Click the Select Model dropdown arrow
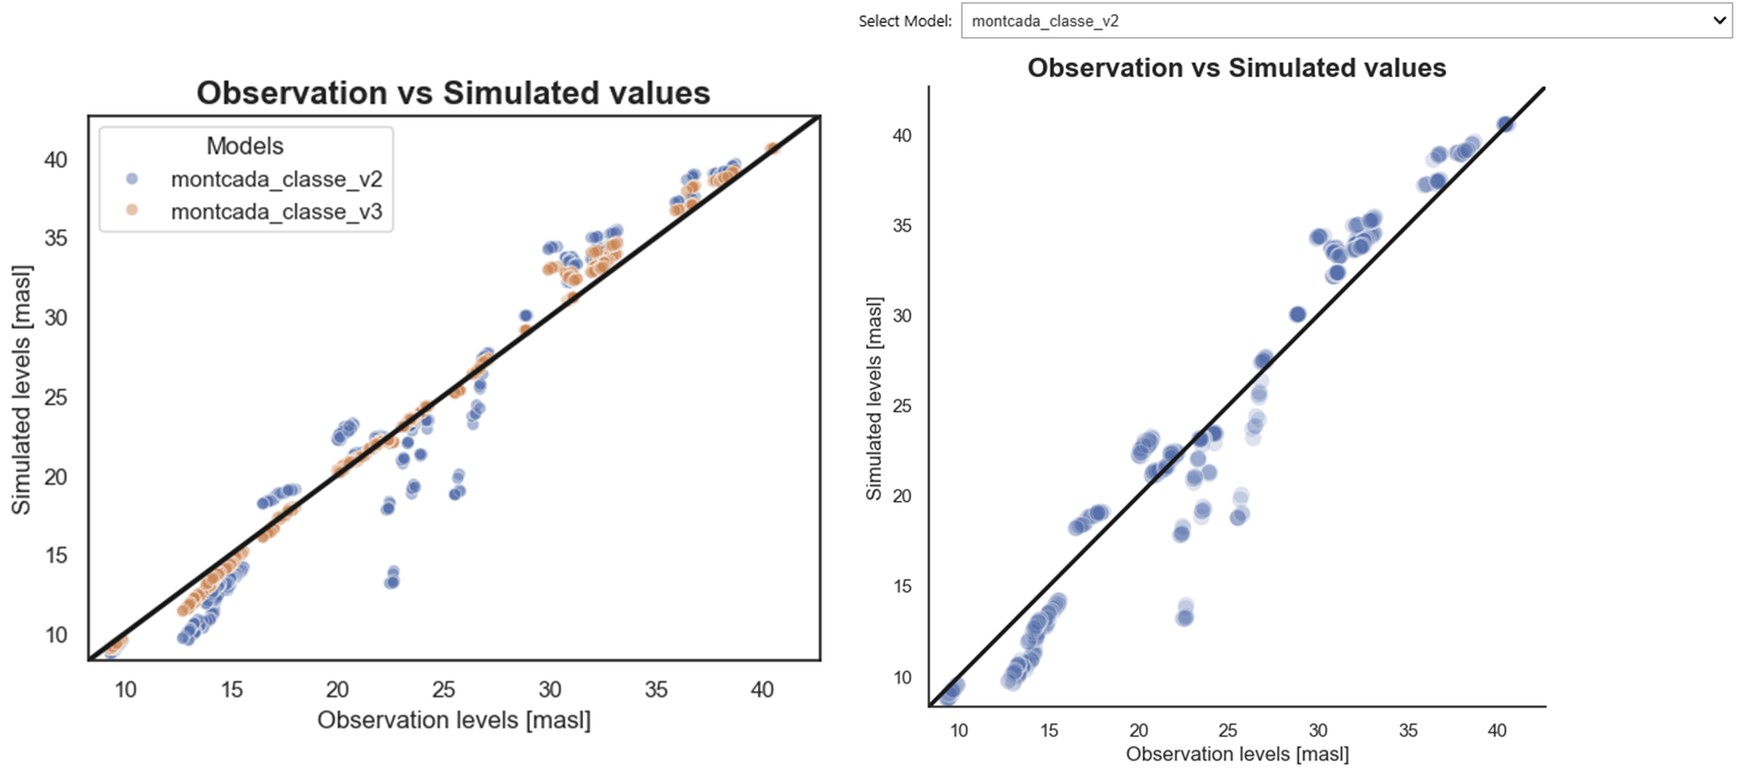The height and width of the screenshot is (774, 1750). (1719, 21)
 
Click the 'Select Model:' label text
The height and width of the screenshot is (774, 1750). (904, 22)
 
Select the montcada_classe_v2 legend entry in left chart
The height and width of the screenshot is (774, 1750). (276, 180)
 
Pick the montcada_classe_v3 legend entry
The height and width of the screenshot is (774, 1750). (276, 212)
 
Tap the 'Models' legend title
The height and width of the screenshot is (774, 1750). (244, 147)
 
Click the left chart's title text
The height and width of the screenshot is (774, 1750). (453, 93)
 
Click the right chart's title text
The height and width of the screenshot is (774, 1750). (1236, 68)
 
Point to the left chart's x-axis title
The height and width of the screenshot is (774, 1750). (454, 720)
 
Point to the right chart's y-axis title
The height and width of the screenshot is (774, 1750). (874, 398)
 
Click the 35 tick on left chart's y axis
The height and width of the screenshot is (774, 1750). (55, 238)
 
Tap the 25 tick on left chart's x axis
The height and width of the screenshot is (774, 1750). (443, 690)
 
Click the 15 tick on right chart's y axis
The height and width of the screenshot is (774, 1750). (902, 586)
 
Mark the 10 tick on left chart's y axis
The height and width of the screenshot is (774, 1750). (55, 635)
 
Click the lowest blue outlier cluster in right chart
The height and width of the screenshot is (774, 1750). (1185, 613)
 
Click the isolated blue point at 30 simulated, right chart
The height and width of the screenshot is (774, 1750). (1298, 315)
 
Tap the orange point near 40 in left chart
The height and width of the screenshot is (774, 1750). (772, 149)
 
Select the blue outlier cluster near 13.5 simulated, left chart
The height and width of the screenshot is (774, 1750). (393, 579)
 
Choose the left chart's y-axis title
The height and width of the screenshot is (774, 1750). (21, 389)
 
